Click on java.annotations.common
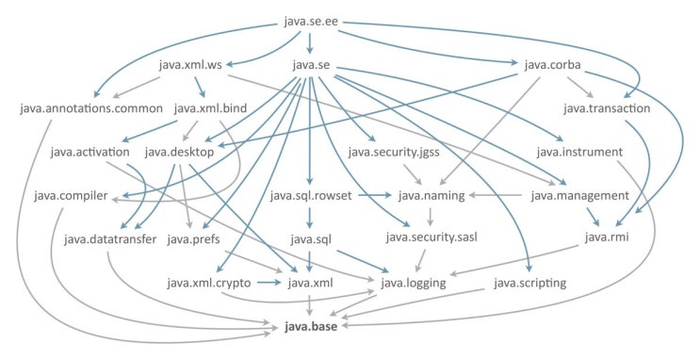90,108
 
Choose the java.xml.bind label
211,108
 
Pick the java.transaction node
607,108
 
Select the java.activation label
90,151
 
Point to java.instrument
578,151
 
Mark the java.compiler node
72,195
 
